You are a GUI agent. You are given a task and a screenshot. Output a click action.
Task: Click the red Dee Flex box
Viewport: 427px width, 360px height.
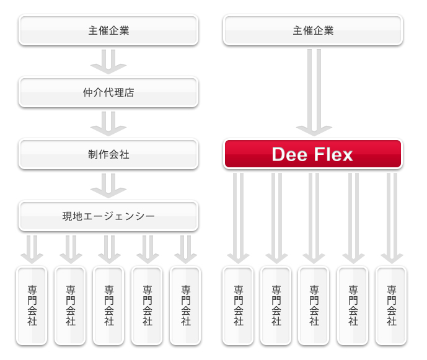pyautogui.click(x=312, y=154)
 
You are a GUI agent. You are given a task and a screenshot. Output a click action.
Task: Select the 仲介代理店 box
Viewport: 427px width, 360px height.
pyautogui.click(x=108, y=92)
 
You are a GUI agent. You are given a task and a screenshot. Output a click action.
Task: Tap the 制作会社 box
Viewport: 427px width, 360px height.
pyautogui.click(x=108, y=154)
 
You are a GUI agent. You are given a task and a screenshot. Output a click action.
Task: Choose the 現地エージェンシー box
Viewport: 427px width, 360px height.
pyautogui.click(x=108, y=216)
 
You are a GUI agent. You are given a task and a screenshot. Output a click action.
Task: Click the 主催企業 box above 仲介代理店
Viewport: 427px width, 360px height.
pyautogui.click(x=108, y=30)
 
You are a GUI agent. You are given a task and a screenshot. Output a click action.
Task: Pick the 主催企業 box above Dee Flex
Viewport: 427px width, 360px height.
pyautogui.click(x=312, y=30)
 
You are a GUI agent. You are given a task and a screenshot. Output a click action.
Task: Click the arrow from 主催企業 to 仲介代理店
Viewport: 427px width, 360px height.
pyautogui.click(x=108, y=60)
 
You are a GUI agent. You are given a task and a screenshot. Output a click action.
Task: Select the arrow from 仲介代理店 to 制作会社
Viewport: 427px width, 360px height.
pyautogui.click(x=108, y=123)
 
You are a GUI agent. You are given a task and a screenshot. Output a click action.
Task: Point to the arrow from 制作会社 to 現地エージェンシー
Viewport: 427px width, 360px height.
pyautogui.click(x=108, y=185)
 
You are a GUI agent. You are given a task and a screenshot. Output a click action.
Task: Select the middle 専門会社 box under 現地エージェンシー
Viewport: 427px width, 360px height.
pyautogui.click(x=109, y=305)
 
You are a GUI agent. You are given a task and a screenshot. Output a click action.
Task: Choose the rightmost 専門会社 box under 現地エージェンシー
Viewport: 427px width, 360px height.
pyautogui.click(x=185, y=305)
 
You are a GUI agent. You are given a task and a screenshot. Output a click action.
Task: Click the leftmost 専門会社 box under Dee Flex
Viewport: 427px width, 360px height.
pyautogui.click(x=239, y=305)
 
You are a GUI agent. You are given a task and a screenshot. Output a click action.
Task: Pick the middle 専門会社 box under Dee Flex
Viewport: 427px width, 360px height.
pyautogui.click(x=314, y=305)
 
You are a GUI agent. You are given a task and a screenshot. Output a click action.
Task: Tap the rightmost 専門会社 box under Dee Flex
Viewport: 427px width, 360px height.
pyautogui.click(x=391, y=305)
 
